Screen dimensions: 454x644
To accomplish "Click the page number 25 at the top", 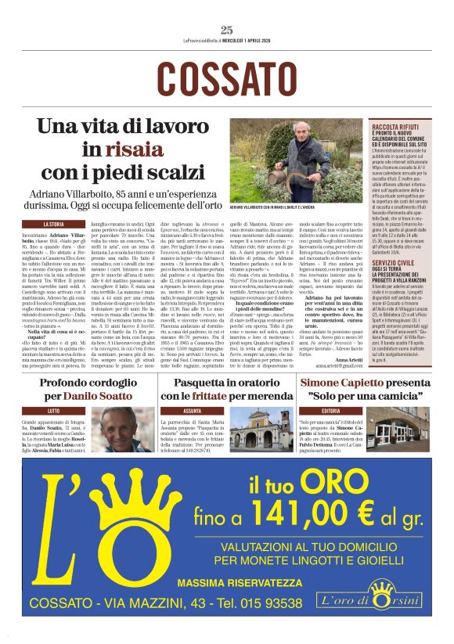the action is click(227, 31).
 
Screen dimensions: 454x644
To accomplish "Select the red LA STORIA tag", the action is click(52, 225).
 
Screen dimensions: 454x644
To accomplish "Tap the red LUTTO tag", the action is click(53, 410).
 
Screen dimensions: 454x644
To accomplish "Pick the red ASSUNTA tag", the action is click(192, 410).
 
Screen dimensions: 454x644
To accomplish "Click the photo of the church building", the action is click(262, 430).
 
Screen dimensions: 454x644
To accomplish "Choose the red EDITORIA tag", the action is click(330, 410).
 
